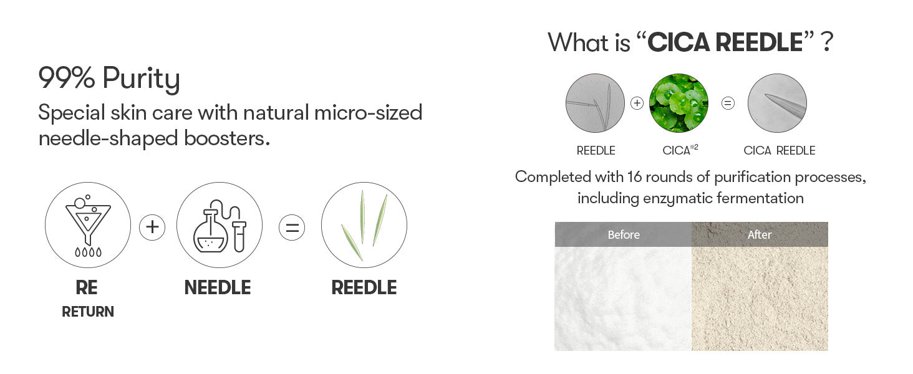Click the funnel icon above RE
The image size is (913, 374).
(88, 225)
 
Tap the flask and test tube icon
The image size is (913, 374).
(219, 225)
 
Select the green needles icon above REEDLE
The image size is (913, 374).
(364, 225)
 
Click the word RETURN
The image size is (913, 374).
(88, 312)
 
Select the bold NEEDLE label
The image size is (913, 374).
(218, 287)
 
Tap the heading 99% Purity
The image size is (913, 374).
(109, 79)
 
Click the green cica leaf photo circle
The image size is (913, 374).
(679, 103)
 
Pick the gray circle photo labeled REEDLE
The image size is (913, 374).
(595, 103)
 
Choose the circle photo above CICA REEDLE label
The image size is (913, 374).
(777, 103)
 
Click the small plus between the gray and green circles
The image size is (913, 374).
(637, 103)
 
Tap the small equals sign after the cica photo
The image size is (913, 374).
(728, 103)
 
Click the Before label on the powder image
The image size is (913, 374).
(624, 235)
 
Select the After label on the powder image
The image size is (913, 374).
(760, 235)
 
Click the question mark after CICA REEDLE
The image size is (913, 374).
(827, 42)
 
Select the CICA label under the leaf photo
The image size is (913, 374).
(676, 151)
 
